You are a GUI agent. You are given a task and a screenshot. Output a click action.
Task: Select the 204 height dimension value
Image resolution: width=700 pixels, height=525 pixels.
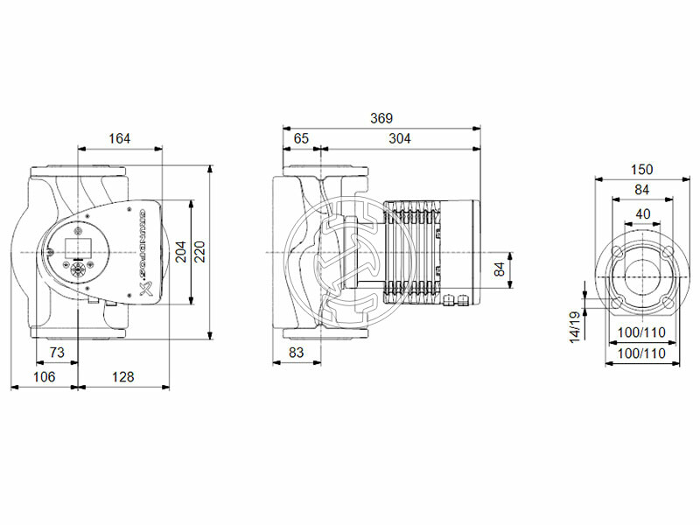coord(180,252)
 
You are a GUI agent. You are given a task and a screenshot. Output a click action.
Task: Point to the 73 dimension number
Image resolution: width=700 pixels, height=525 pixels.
coord(56,352)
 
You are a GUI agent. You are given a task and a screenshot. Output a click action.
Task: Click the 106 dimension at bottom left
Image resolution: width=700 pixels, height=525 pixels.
coord(44,376)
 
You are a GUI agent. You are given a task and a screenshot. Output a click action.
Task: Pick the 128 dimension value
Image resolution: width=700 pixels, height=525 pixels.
coord(124,376)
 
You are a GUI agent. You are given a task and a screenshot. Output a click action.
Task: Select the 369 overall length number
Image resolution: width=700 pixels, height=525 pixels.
coord(381,118)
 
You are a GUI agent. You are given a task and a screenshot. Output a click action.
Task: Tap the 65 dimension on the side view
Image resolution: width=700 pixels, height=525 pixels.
coord(301,138)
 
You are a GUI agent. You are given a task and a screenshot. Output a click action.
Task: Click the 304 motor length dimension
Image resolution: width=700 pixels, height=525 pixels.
coord(400,138)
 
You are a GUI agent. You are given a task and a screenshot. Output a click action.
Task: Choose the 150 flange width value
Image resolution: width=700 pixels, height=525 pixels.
coord(642,169)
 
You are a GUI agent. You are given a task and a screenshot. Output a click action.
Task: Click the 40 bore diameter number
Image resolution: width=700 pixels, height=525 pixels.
coord(642,214)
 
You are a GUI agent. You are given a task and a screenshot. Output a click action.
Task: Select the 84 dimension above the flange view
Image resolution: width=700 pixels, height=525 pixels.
coord(642,191)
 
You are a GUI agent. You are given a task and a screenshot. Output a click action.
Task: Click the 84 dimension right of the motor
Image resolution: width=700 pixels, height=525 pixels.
coord(500,269)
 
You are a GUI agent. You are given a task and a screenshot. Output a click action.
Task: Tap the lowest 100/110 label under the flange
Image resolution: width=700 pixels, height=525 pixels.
coord(641,353)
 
